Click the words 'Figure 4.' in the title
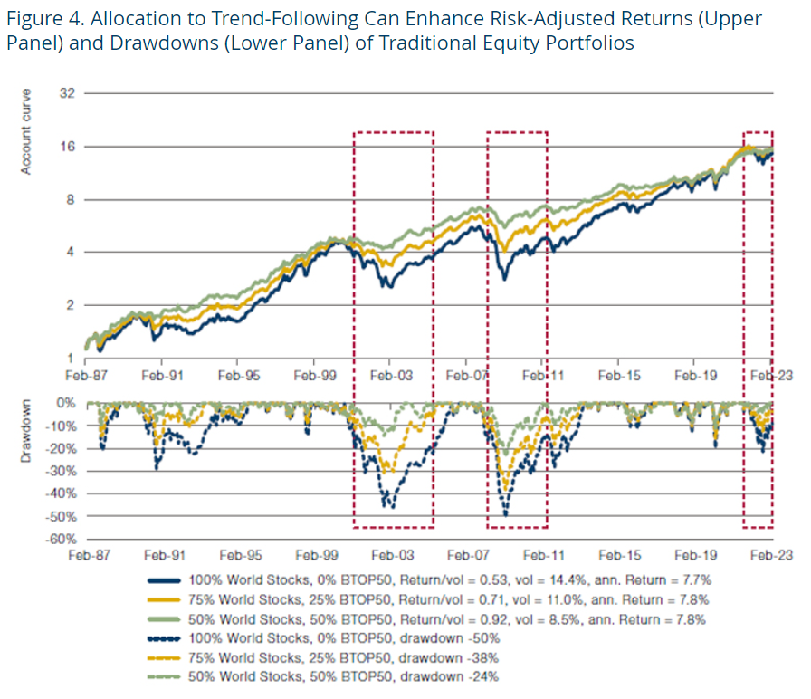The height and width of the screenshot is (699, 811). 43,19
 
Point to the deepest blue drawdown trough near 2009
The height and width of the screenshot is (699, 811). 505,514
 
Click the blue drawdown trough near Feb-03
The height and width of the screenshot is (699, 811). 390,507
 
